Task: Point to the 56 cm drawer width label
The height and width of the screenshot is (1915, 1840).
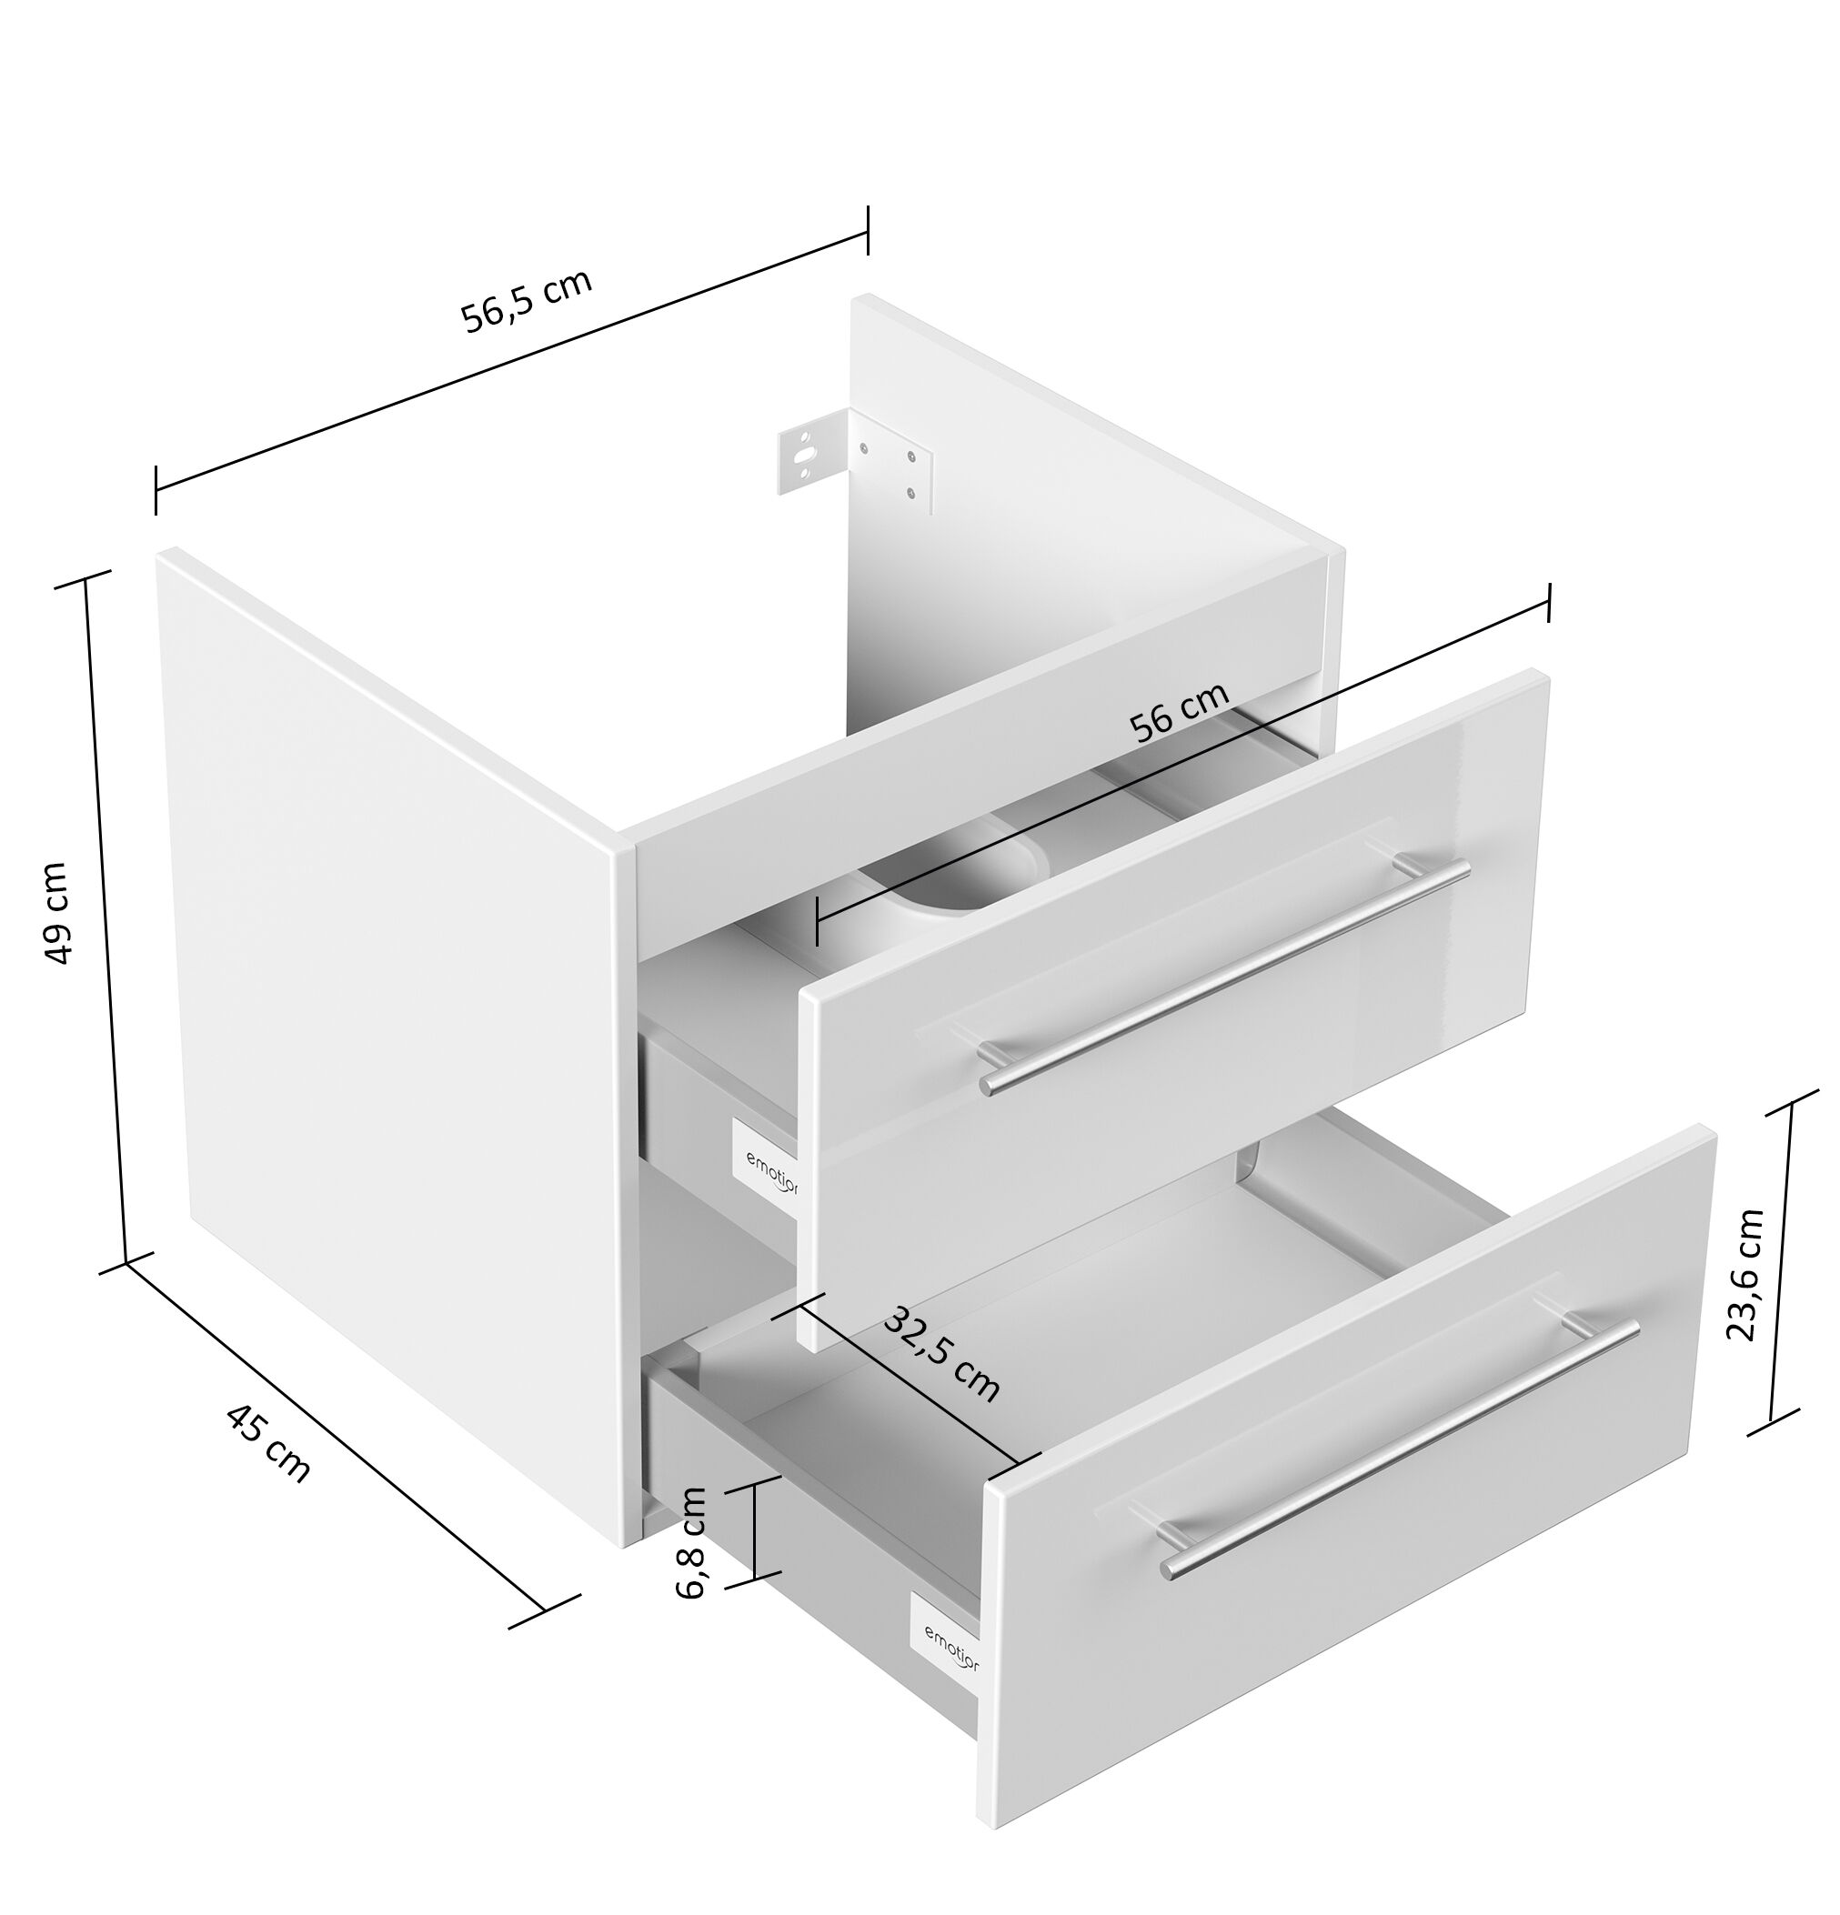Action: coord(1178,711)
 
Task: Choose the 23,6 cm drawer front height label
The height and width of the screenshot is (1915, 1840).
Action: coord(1744,1274)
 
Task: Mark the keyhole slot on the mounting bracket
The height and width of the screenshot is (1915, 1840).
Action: coord(803,456)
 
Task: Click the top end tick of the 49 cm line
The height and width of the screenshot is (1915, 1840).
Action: coord(85,579)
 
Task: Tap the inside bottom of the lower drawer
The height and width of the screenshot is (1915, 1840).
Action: coord(1075,1299)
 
